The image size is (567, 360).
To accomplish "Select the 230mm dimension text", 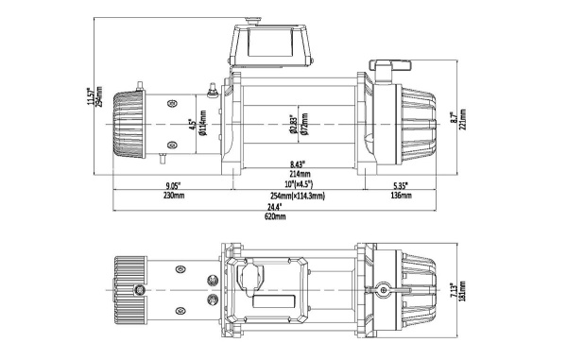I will tap(173, 196).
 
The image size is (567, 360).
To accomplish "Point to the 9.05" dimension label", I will tap(173, 185).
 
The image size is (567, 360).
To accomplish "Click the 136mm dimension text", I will tap(400, 196).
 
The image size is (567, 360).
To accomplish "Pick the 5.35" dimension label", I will tap(400, 185).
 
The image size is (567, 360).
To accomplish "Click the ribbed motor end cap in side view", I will tap(128, 123).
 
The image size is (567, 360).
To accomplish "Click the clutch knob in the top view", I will tap(384, 289).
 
